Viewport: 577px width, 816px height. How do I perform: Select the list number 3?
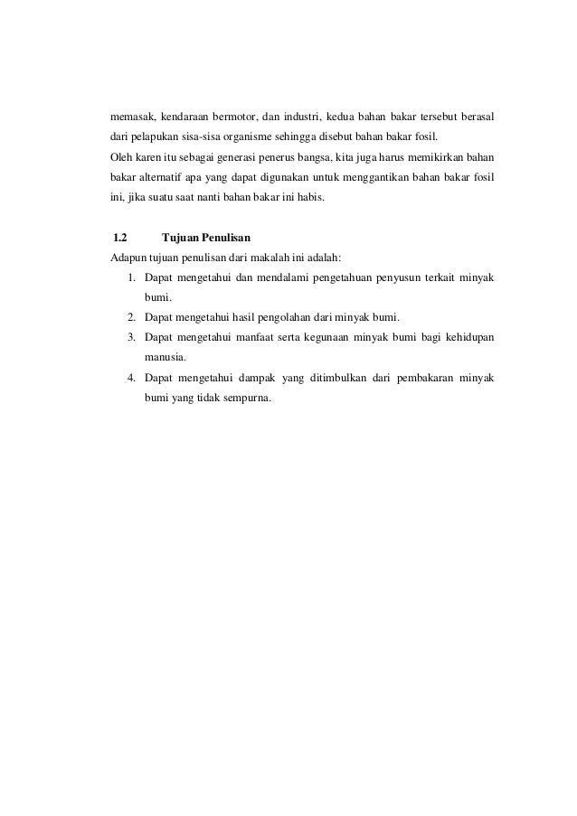[x=132, y=337]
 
